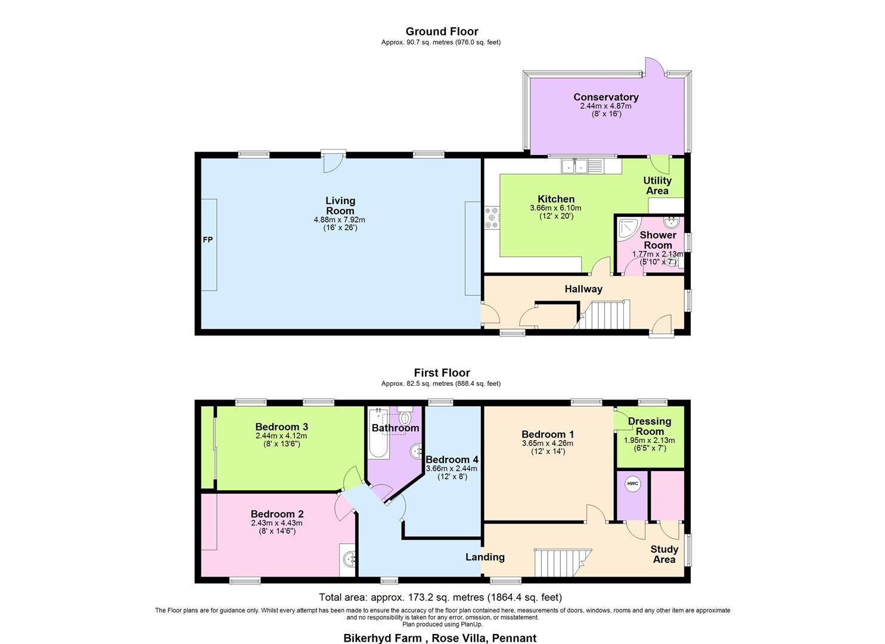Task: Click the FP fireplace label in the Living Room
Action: (x=207, y=240)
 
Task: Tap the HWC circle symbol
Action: (x=632, y=484)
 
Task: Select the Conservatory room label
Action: (x=605, y=97)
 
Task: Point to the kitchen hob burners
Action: (x=492, y=217)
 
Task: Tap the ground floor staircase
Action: (x=605, y=314)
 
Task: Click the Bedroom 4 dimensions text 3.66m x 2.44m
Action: (x=451, y=469)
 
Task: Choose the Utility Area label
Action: (x=657, y=185)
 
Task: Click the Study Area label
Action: (x=664, y=555)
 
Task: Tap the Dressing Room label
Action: (x=649, y=426)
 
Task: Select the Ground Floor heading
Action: (x=442, y=32)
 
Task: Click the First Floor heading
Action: (x=442, y=373)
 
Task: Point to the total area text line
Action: (x=440, y=597)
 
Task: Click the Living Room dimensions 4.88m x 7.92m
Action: (x=339, y=219)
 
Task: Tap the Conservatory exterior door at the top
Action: (x=654, y=67)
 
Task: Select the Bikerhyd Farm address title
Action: (x=440, y=638)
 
